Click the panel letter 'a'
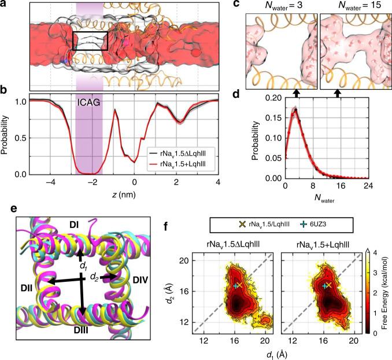click(x=4, y=4)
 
